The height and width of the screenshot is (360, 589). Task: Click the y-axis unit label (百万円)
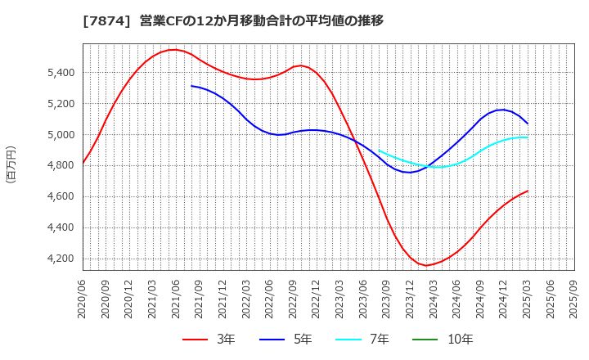click(11, 164)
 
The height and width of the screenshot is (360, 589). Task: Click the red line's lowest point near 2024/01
click(425, 265)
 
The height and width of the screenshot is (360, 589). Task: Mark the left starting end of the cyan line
click(380, 150)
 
